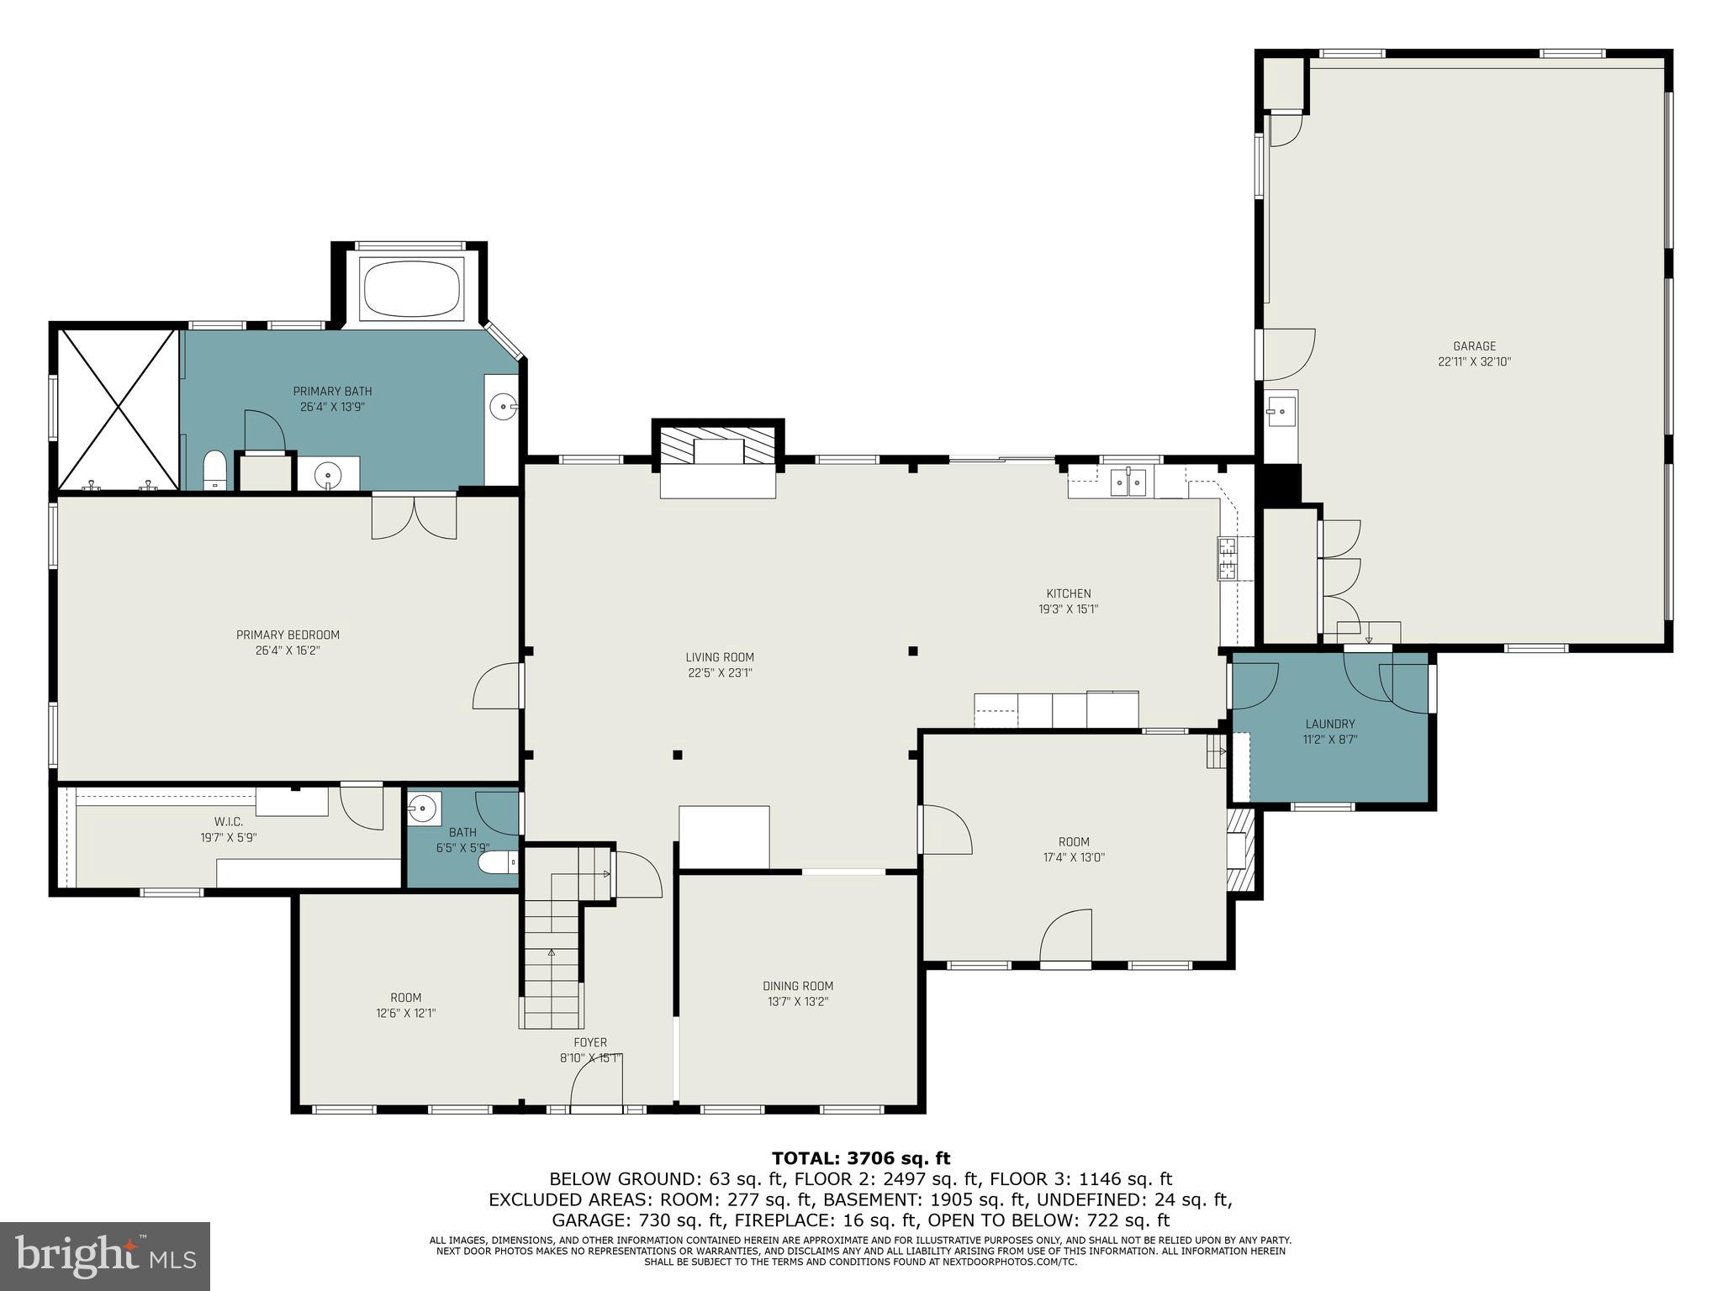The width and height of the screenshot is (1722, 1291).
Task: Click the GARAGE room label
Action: coord(1474,346)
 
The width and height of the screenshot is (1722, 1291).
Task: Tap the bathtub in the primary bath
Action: coord(411,289)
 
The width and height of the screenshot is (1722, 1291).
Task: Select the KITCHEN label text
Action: coord(1068,593)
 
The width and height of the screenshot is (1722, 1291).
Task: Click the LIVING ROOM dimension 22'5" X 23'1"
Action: coord(719,673)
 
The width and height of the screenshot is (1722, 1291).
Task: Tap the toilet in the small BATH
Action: coord(498,862)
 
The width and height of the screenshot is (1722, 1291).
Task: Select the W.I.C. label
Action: coord(228,822)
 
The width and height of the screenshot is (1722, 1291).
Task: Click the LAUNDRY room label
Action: coord(1329,724)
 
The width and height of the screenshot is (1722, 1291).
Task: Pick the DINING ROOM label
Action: coord(798,986)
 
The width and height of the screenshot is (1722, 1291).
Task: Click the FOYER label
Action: coord(590,1043)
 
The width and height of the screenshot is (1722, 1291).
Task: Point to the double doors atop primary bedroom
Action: coord(415,517)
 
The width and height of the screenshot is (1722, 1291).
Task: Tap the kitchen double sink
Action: coord(1128,482)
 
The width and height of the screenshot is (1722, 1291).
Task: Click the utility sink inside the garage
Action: coord(1281,412)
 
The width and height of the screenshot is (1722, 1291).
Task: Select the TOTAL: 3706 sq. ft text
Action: coord(861,1159)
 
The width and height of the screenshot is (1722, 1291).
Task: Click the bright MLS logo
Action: coord(105,1256)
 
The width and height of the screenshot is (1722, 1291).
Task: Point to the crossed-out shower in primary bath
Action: coord(118,409)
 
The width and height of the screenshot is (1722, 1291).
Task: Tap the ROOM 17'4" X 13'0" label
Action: coord(1073,850)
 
